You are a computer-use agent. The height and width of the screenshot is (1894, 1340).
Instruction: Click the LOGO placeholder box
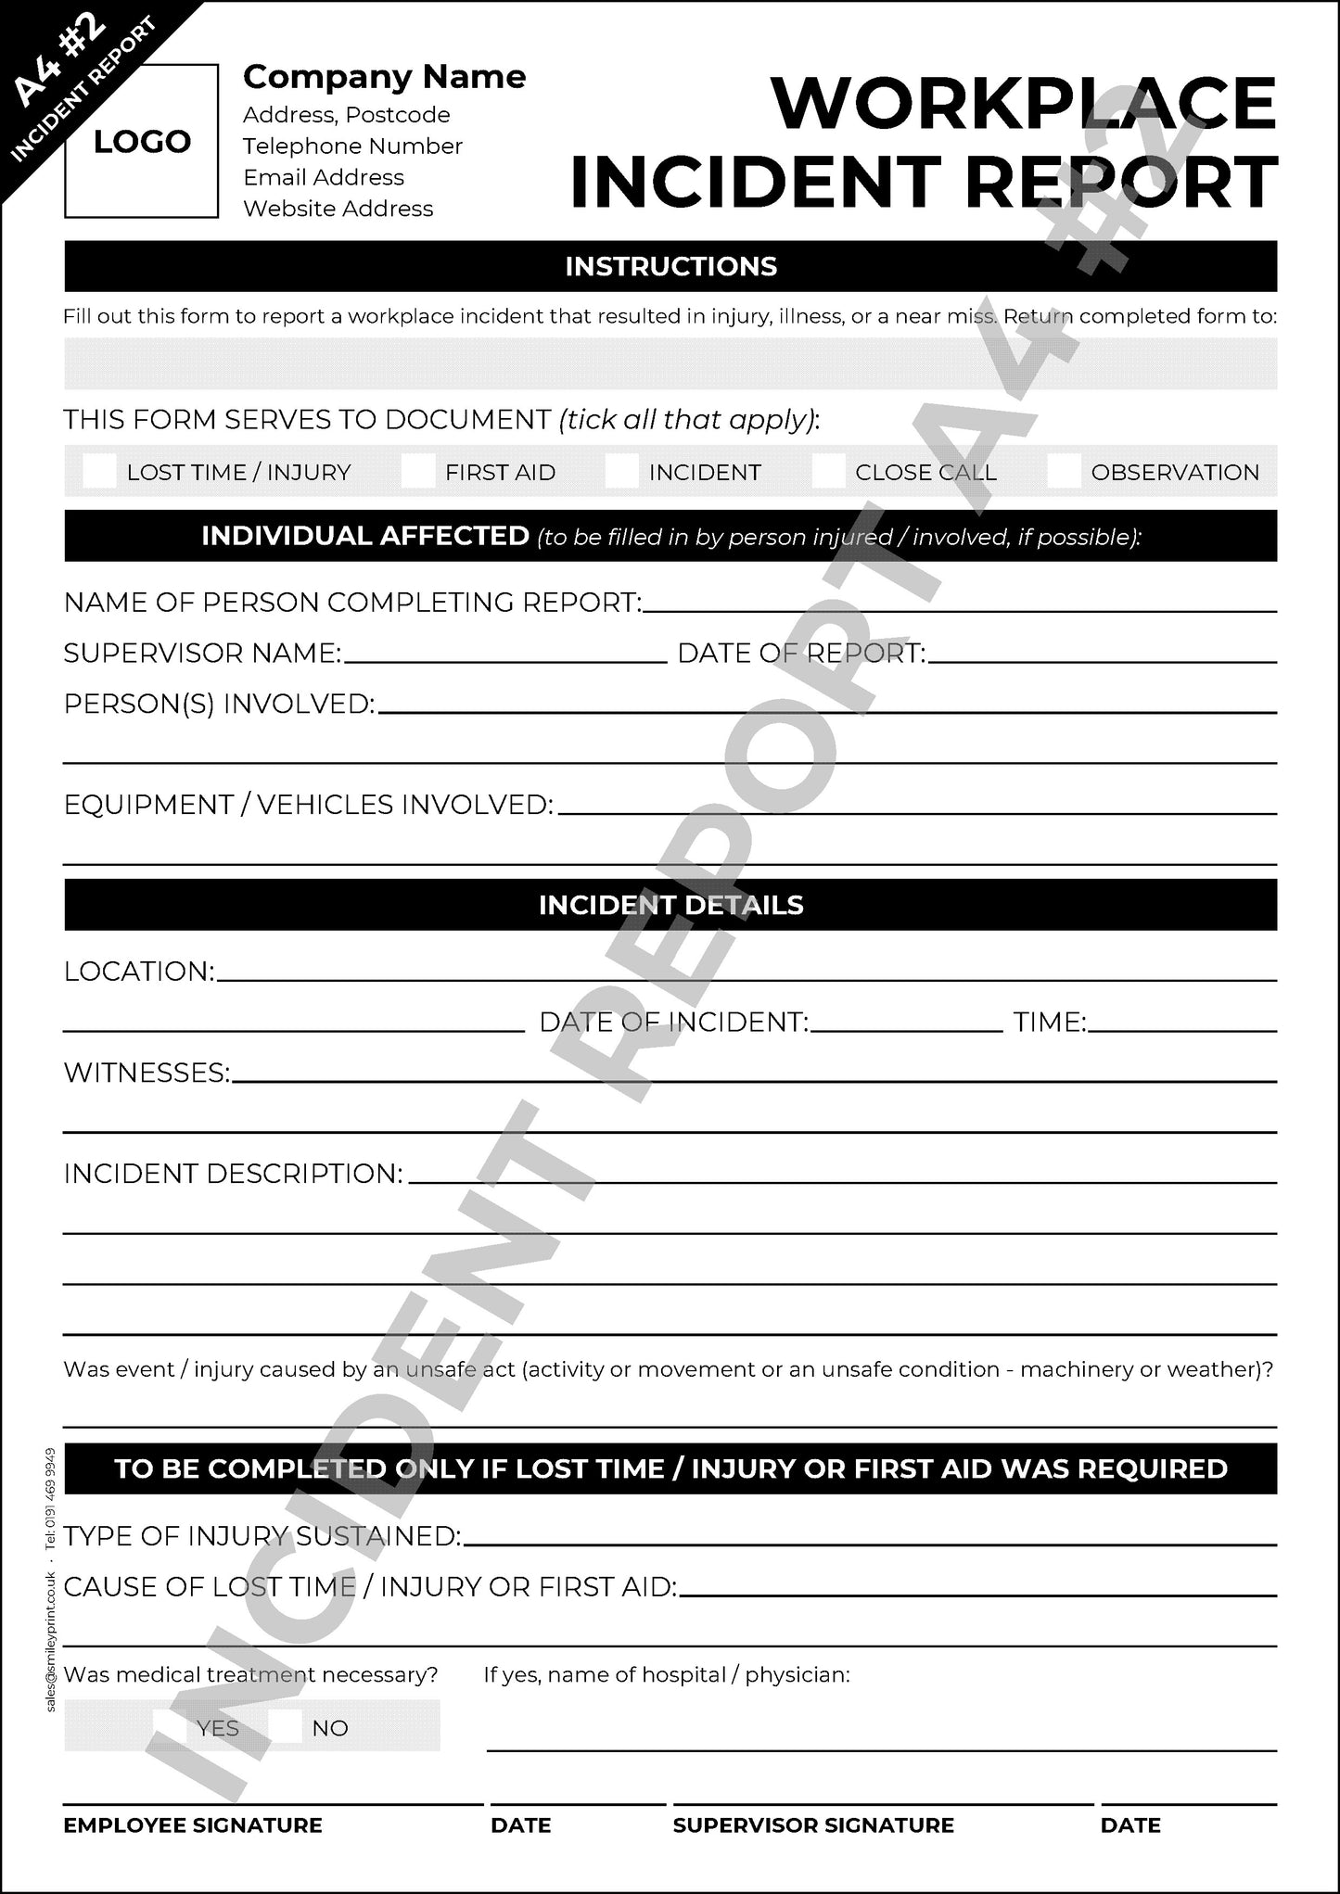point(141,141)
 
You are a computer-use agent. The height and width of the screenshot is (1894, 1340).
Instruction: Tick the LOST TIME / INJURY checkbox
point(99,472)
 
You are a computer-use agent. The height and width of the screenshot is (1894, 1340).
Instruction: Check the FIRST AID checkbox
point(418,472)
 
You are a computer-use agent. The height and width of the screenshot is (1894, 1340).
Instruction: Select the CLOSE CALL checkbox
point(828,472)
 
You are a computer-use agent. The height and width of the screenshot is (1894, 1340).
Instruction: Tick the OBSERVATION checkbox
point(1064,472)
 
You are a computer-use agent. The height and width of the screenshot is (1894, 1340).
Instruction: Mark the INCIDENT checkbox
point(622,472)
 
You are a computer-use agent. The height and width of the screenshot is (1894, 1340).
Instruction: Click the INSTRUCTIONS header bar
point(670,266)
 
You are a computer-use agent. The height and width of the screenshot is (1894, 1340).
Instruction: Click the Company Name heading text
point(384,77)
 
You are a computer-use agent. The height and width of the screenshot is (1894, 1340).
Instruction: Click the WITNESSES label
point(147,1074)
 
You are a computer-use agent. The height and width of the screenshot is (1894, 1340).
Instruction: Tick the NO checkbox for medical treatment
point(287,1727)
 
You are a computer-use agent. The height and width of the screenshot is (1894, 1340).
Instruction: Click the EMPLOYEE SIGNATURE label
point(193,1824)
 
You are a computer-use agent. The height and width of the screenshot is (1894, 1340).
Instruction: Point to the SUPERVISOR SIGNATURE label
point(813,1824)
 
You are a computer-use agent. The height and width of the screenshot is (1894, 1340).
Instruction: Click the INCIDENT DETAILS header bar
point(670,905)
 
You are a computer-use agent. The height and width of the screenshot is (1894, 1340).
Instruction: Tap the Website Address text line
point(338,209)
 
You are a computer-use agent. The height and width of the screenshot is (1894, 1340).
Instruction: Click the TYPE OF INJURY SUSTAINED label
point(262,1536)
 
